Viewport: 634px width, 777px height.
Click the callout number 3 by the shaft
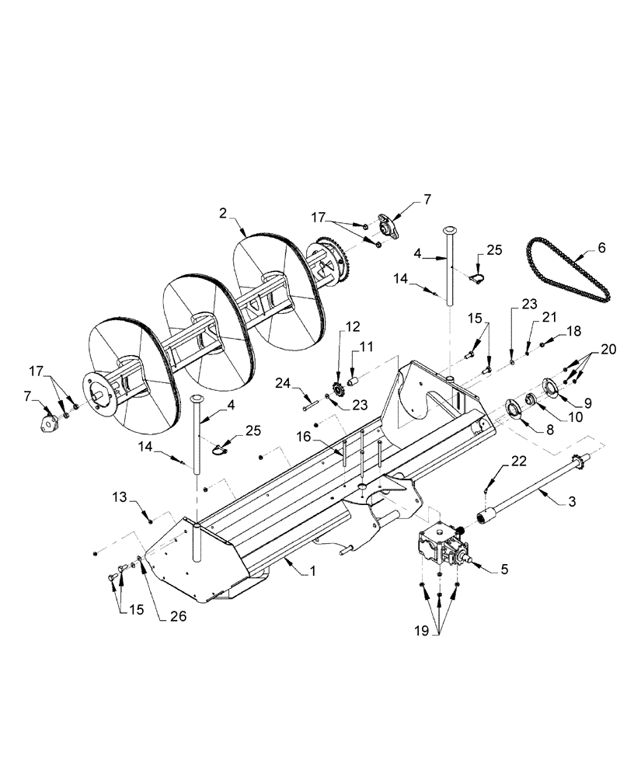[572, 503]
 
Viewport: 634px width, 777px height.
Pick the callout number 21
[549, 318]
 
